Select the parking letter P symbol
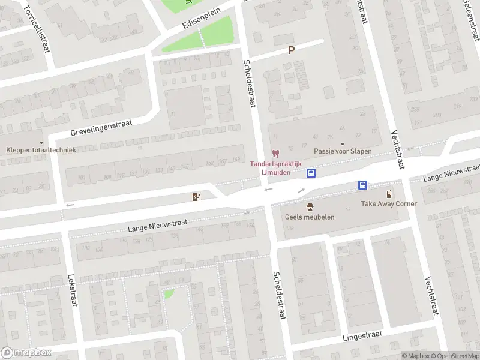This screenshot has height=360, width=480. point(292,50)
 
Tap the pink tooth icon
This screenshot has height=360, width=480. point(276,154)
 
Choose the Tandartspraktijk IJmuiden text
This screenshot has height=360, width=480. point(276,167)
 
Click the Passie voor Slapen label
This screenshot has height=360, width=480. point(343,151)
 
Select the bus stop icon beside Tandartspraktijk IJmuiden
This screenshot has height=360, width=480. point(311,173)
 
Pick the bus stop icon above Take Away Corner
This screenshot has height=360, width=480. point(363,185)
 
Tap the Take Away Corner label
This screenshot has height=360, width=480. point(389,203)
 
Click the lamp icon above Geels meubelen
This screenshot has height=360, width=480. point(310,207)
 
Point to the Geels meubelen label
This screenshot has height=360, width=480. point(310,217)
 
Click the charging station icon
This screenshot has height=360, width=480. point(196,197)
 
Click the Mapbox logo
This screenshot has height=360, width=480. point(26,352)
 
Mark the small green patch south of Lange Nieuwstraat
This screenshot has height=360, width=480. point(169,294)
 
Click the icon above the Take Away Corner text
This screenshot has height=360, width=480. point(389,194)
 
